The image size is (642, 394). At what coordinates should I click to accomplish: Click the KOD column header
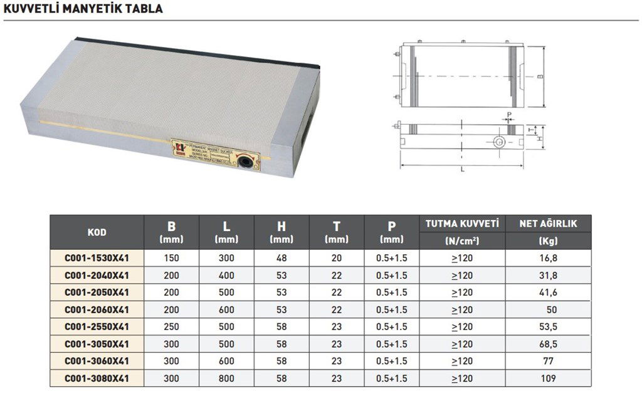tap(97, 232)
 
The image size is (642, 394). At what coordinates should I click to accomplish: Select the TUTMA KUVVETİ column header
tap(461, 224)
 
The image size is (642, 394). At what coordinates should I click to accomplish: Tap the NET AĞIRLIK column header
tap(549, 224)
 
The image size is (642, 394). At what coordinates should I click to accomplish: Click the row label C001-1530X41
tap(97, 257)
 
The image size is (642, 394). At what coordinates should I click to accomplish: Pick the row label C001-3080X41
tap(97, 378)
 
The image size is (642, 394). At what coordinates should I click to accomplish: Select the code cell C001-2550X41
tap(97, 326)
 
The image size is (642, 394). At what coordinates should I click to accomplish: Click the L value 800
tap(226, 378)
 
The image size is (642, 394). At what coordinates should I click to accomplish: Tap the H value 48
tap(282, 257)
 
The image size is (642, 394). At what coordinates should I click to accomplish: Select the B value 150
tap(172, 257)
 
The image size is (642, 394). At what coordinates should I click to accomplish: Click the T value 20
tap(337, 257)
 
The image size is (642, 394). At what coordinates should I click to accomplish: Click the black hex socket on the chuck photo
tap(245, 163)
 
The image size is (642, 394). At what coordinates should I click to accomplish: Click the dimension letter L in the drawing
tap(462, 170)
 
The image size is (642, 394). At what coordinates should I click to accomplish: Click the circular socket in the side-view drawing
tap(498, 142)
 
